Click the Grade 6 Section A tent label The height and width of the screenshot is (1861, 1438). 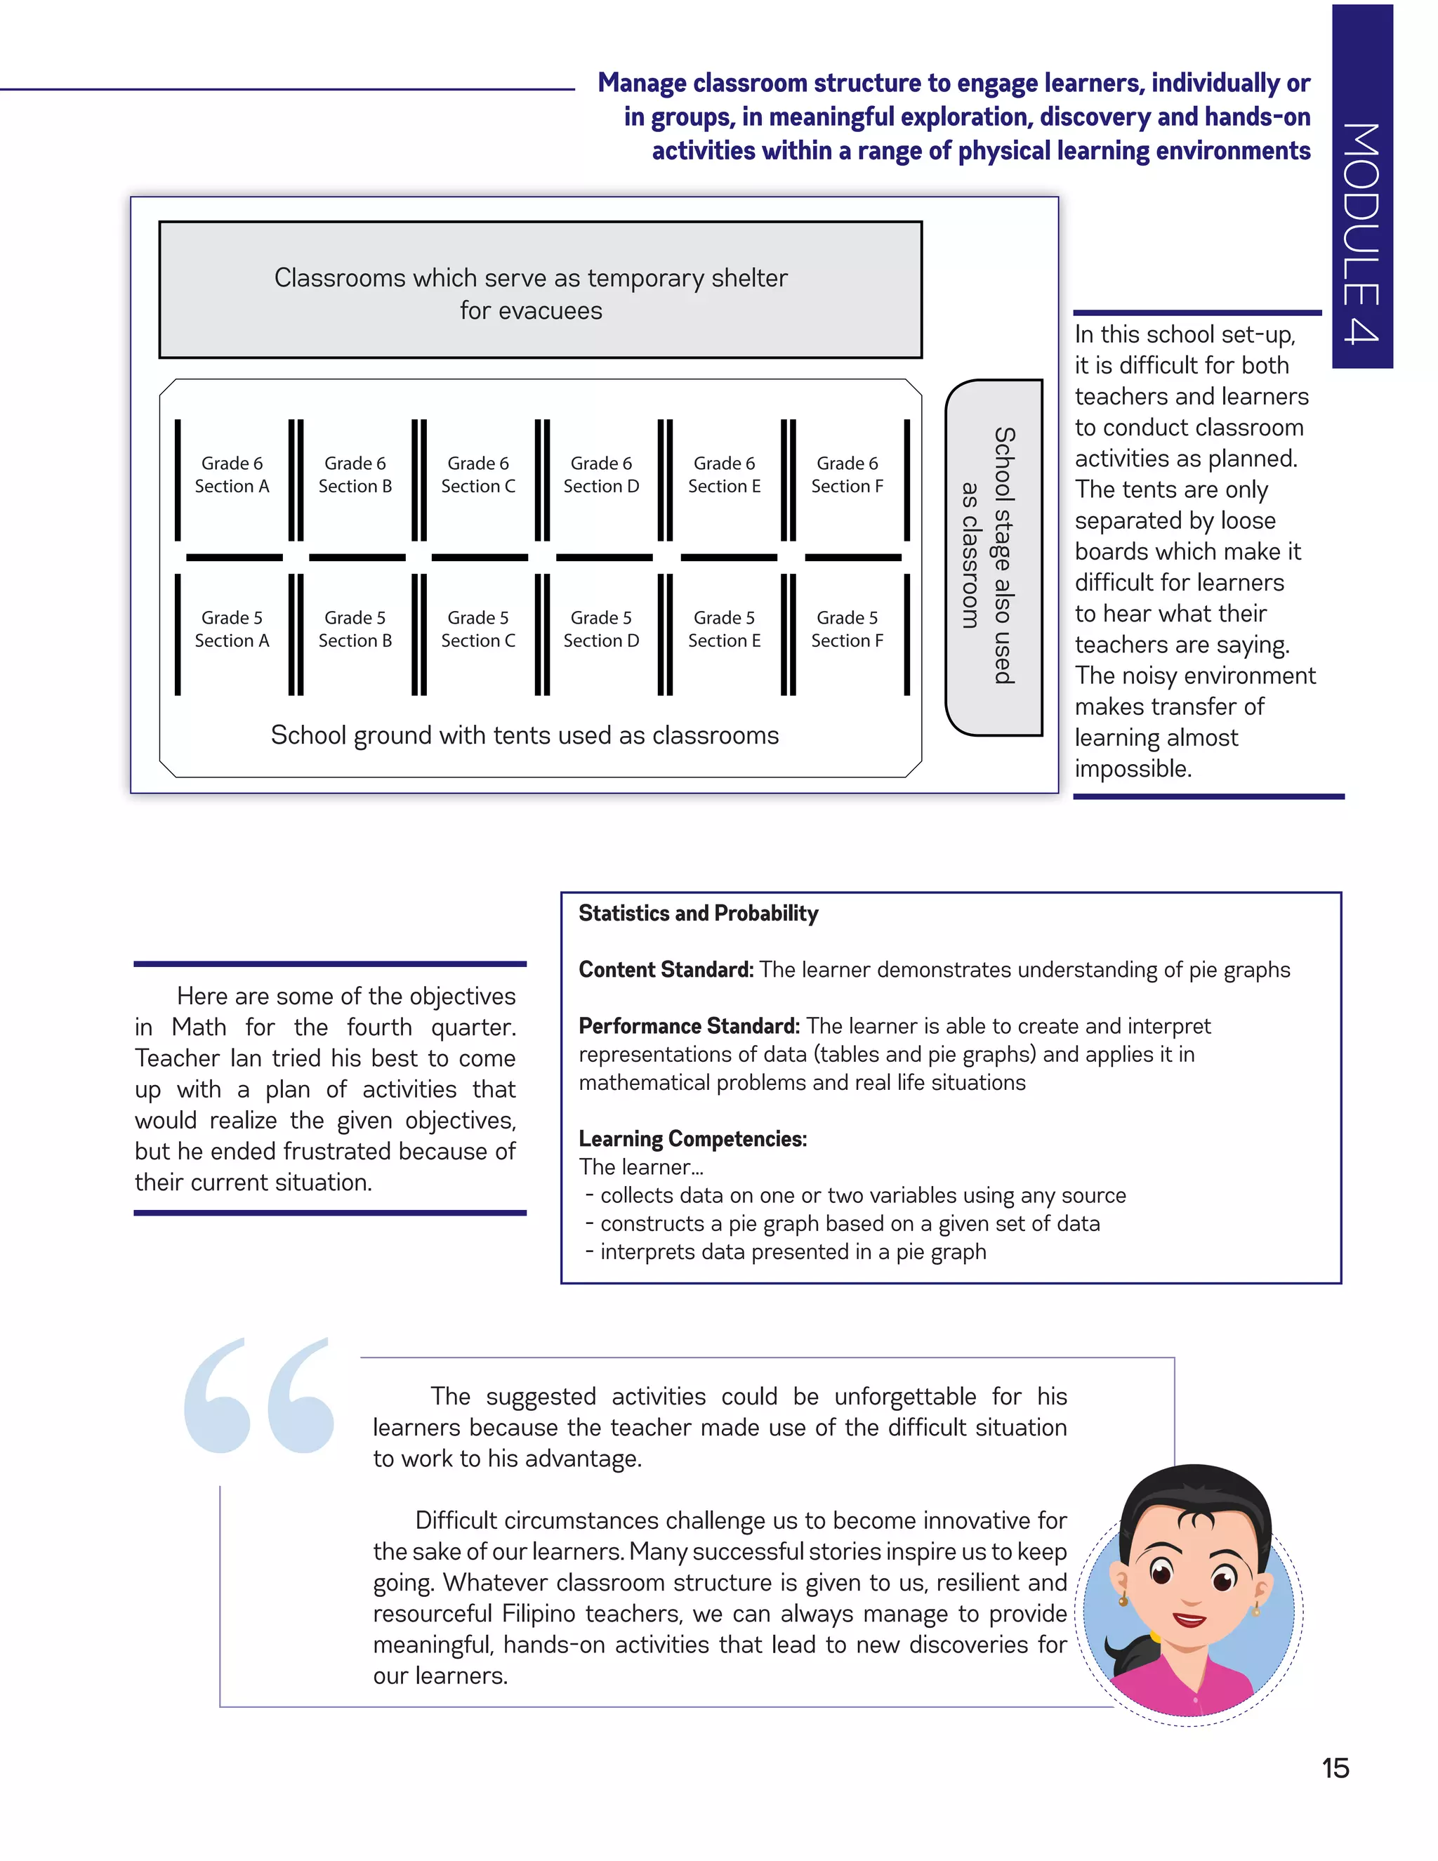pos(232,475)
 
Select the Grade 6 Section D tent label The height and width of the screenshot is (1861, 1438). pos(600,475)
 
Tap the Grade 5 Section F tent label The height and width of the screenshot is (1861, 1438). pos(847,629)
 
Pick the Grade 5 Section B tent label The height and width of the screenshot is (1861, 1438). pos(355,629)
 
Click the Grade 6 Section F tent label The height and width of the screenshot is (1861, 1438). pos(847,475)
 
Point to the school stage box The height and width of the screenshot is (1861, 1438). pos(994,556)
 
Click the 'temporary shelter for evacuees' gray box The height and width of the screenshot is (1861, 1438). pos(540,290)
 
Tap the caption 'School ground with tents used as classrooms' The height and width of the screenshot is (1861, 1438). pos(525,735)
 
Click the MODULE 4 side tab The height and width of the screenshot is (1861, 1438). pos(1361,188)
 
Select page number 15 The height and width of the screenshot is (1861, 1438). pos(1335,1768)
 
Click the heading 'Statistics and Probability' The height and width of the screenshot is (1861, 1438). pos(698,914)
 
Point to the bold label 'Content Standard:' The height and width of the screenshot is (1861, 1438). pos(666,970)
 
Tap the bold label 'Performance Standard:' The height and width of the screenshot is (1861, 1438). pos(688,1026)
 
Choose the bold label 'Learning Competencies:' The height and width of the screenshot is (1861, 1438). pos(692,1138)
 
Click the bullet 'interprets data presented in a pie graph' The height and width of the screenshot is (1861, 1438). pos(792,1251)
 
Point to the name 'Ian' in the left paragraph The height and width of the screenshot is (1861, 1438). pos(245,1058)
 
